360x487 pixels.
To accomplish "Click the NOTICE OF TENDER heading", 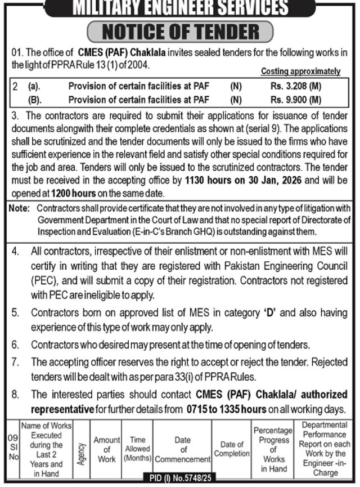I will (180, 32).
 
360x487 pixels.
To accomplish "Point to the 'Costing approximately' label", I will (301, 72).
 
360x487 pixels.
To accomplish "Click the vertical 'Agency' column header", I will (82, 449).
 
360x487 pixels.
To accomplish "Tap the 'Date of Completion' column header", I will (232, 449).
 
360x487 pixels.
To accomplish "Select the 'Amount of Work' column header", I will (107, 449).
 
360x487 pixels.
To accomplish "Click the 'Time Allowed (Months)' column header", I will (137, 449).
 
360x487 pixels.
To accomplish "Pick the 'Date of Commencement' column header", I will (182, 449).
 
